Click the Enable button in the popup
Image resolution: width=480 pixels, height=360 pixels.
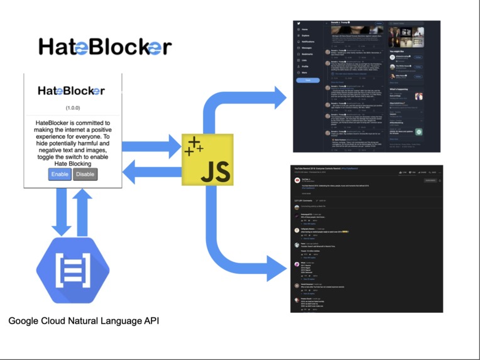coord(60,174)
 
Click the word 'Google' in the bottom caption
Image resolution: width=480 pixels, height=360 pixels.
coord(24,321)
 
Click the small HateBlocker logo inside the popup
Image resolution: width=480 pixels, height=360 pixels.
coord(71,90)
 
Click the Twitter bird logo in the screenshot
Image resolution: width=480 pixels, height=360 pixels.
coord(298,23)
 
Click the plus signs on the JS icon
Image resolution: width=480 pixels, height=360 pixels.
coord(194,146)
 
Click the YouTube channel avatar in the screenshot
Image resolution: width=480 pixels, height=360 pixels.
coord(297,181)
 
